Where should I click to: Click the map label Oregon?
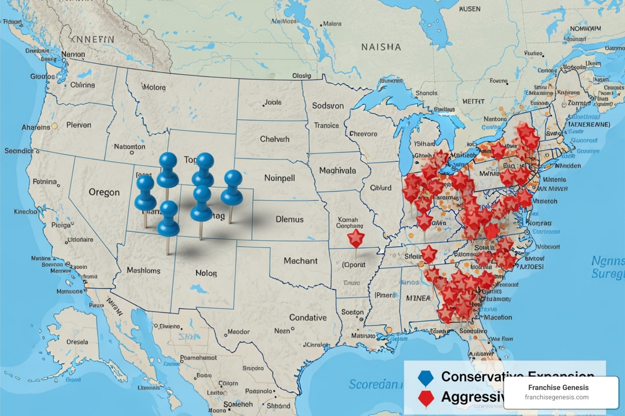104,192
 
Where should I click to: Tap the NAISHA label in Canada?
381,47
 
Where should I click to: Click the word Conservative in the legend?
480,377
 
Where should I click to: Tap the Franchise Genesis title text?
558,388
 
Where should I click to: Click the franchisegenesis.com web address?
557,397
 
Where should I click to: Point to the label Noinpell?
280,178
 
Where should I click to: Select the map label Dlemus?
289,219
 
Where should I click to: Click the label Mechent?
300,261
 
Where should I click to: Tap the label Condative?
308,317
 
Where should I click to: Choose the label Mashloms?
143,270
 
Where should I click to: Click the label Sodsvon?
328,106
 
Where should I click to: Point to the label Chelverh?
275,139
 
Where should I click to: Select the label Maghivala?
337,171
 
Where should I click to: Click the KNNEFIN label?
92,39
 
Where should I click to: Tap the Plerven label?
79,125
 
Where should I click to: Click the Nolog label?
206,273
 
